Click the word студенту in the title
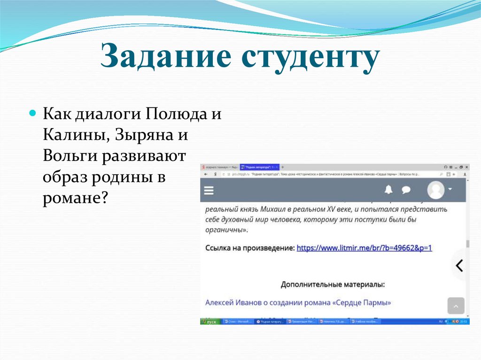tap(306, 57)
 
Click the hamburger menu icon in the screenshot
tap(209, 190)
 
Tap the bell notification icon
tap(388, 190)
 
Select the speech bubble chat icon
tap(406, 190)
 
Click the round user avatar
tap(436, 190)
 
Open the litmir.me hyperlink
tap(364, 248)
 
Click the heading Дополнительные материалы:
tap(333, 284)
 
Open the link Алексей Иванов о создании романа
tap(298, 303)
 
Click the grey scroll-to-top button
tap(456, 306)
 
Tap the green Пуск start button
tap(209, 322)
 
